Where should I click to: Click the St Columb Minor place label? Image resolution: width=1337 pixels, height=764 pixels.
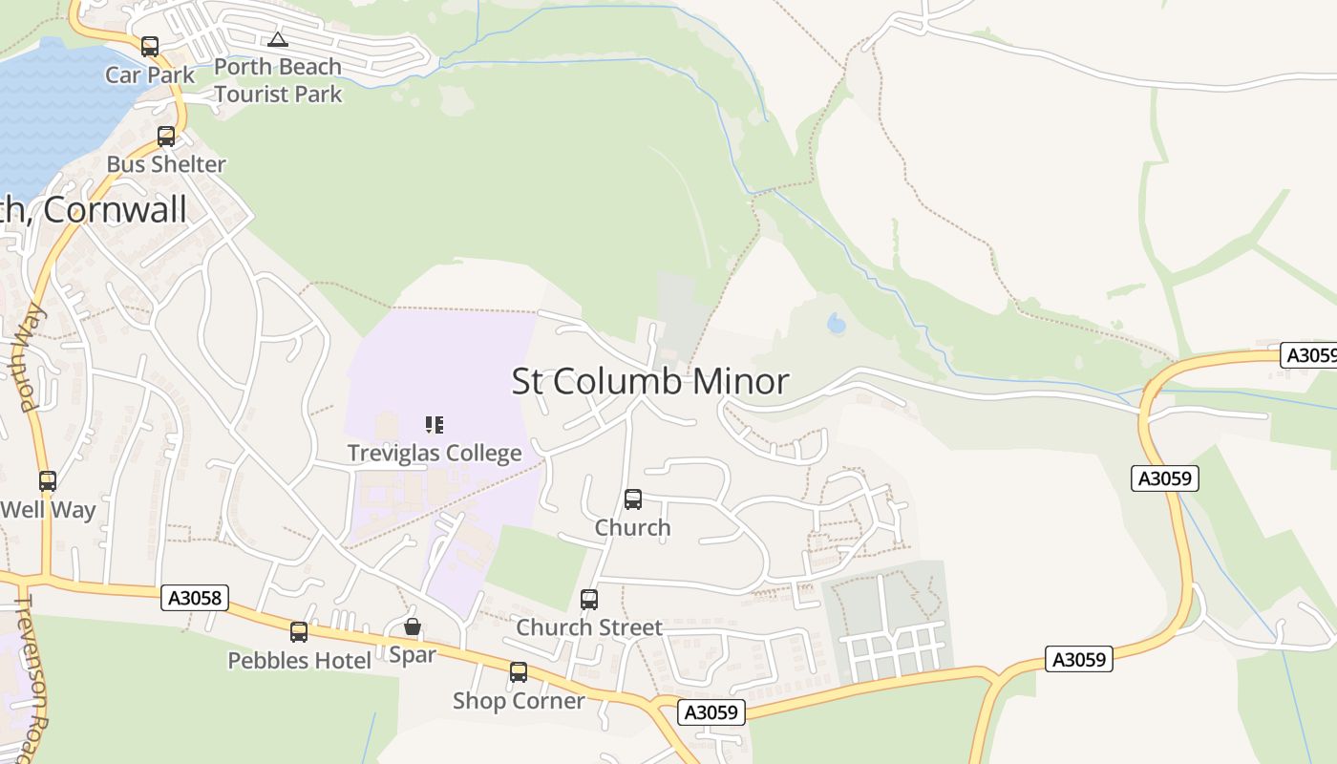(650, 381)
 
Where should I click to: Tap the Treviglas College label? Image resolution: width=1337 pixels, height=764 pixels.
(435, 453)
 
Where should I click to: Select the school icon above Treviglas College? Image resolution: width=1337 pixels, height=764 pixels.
(435, 424)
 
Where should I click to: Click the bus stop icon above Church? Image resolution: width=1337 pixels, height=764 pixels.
(632, 499)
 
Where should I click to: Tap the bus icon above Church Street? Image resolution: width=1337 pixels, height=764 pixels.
(589, 599)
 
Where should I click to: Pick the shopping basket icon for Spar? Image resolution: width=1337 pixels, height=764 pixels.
(412, 626)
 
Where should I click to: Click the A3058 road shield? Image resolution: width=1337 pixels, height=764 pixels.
(195, 598)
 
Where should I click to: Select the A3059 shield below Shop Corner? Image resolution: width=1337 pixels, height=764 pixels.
(711, 711)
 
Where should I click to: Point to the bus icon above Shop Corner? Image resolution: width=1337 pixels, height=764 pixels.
(518, 671)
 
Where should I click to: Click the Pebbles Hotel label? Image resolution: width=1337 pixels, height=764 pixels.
(299, 660)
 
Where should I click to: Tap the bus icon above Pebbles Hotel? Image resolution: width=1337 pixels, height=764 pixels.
(299, 631)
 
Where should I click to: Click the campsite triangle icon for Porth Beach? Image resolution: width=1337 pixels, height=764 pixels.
(277, 39)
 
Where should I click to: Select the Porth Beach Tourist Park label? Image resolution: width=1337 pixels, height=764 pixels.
(278, 80)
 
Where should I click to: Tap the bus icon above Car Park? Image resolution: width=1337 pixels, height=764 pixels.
(150, 46)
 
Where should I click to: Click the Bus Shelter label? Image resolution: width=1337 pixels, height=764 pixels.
(166, 164)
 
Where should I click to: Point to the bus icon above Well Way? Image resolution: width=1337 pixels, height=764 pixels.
(48, 480)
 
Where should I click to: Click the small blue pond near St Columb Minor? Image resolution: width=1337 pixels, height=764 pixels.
(837, 324)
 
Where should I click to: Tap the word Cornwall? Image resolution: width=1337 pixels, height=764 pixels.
(116, 210)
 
